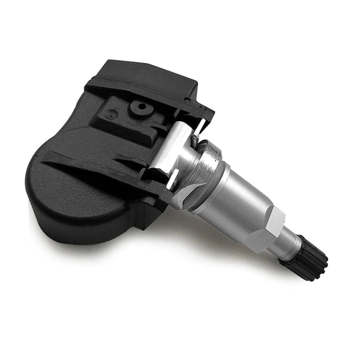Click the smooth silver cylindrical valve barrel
(240, 192)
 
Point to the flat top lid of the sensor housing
(150, 72)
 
